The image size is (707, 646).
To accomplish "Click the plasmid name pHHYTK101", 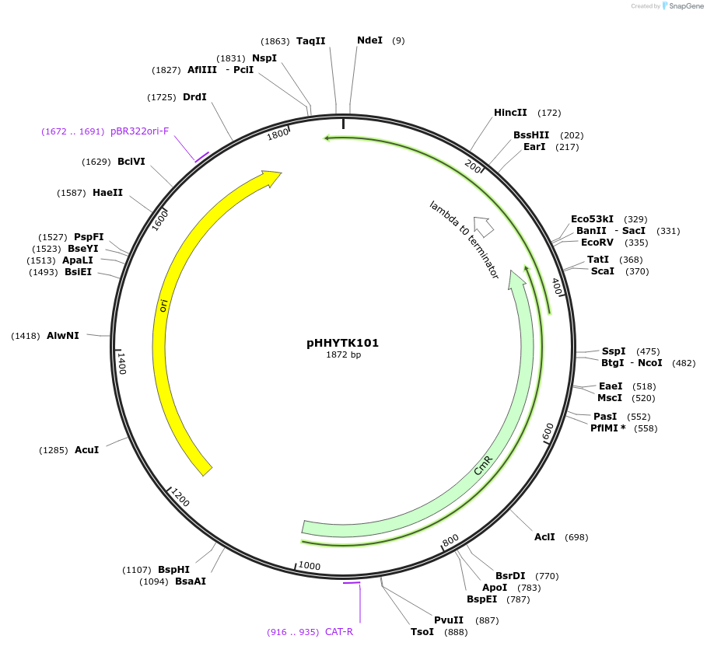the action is point(343,343).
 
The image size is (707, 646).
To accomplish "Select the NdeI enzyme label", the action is point(369,40).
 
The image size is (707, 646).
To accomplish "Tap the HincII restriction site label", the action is point(510,113).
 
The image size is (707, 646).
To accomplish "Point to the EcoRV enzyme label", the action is point(597,243).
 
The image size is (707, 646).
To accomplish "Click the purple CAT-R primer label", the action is point(339,632).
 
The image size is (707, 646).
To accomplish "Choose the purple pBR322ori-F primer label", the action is point(139,131).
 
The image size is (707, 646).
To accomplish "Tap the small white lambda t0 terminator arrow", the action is point(484,225).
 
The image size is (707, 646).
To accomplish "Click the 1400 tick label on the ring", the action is point(121,362).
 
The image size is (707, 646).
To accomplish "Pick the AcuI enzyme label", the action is point(86,450).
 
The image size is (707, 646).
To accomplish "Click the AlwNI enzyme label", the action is point(62,336).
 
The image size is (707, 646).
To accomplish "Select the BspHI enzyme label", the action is point(173,570).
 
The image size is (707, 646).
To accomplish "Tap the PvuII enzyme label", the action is point(449,620).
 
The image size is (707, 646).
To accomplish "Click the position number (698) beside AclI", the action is point(576,537).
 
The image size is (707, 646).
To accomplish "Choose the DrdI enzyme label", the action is point(194,97).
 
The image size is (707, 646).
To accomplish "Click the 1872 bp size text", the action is point(343,355).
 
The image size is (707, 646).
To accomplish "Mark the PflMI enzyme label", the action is point(608,428).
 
